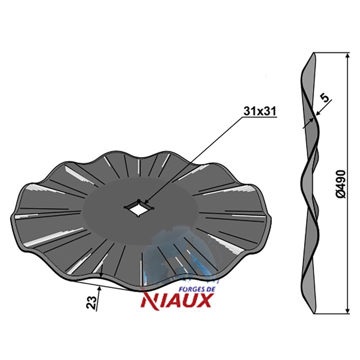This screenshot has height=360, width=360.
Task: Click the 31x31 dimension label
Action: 260,111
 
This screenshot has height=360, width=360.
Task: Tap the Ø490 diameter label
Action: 341,184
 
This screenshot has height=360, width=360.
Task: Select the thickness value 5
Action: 325,98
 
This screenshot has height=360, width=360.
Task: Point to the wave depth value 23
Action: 91,302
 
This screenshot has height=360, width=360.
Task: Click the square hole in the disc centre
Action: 139,208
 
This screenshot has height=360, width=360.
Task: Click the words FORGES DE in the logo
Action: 196,289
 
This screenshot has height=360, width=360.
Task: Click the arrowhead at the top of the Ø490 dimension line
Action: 347,56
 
